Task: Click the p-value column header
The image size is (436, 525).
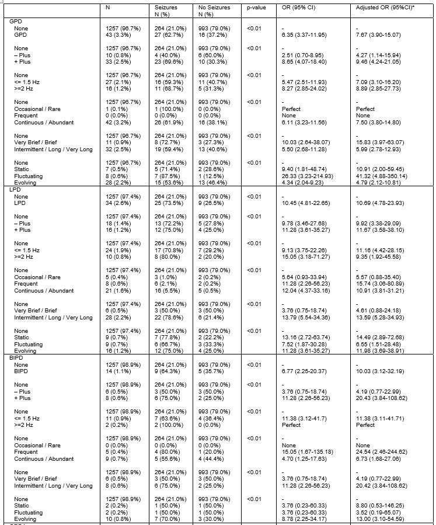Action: (256, 8)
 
